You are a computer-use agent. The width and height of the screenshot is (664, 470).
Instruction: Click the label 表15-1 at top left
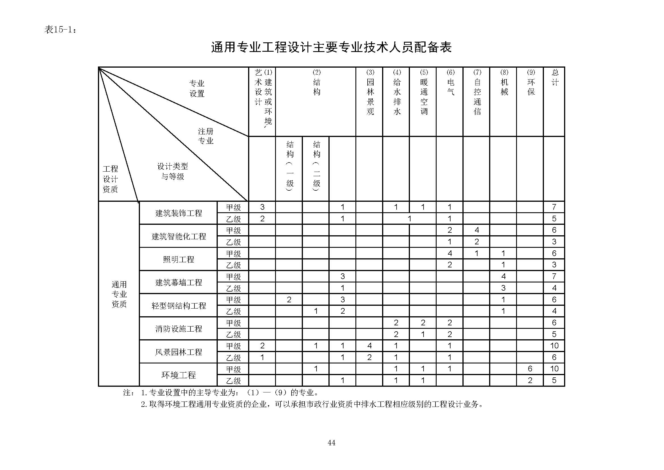[x=60, y=30]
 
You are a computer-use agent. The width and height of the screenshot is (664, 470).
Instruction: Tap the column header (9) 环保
[x=531, y=82]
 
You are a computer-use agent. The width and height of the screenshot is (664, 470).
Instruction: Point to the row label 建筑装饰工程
[x=179, y=213]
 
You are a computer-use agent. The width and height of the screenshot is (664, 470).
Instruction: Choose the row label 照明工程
[x=179, y=259]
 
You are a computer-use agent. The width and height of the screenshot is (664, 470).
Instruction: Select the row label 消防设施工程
[x=179, y=329]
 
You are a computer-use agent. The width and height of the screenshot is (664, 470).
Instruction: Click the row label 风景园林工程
[x=179, y=352]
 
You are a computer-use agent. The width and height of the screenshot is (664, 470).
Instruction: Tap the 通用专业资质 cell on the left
[x=119, y=294]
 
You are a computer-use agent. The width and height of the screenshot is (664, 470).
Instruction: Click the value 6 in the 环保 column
[x=530, y=369]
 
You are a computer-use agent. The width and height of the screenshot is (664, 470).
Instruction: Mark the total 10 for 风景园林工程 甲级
[x=554, y=346]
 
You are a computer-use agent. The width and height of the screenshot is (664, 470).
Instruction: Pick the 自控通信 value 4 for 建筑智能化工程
[x=477, y=230]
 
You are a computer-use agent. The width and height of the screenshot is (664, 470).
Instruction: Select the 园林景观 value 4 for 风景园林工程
[x=369, y=346]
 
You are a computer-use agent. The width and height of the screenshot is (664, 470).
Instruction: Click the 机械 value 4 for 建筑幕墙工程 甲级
[x=503, y=276]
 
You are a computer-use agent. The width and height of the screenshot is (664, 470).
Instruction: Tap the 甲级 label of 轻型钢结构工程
[x=233, y=300]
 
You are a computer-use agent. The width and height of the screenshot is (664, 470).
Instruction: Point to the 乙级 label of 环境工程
[x=233, y=380]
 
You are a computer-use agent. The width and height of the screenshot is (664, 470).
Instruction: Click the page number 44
[x=331, y=442]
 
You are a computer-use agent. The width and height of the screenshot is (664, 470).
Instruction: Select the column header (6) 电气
[x=450, y=82]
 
